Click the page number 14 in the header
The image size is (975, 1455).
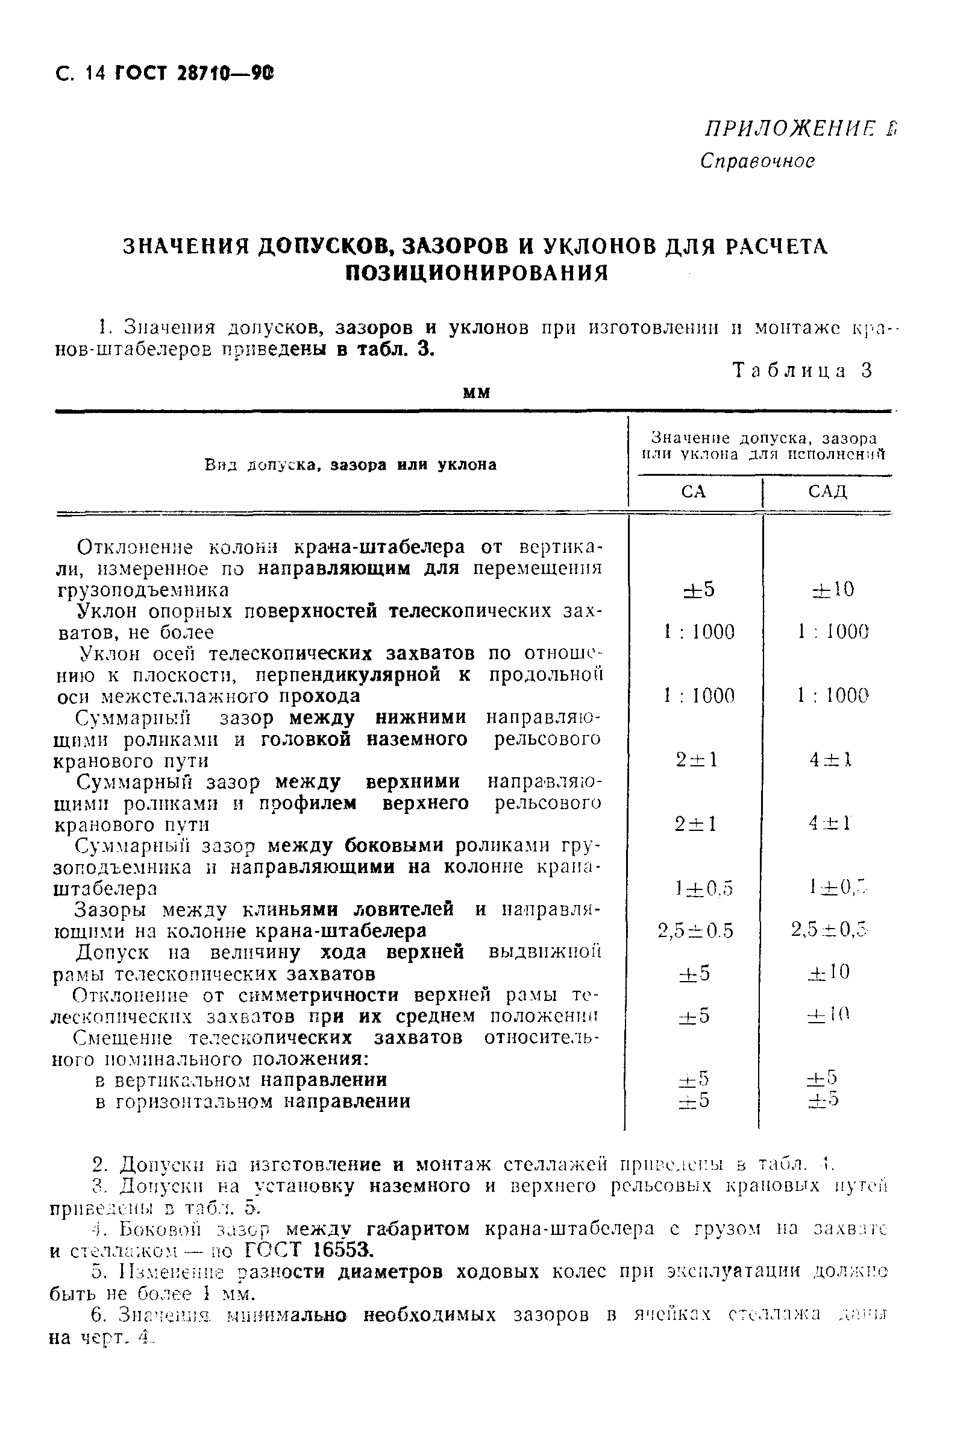point(96,74)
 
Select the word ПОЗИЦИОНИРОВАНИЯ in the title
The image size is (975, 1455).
point(476,273)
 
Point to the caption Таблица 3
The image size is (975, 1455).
point(803,370)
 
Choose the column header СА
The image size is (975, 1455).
point(694,492)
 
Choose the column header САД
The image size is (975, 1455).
point(827,492)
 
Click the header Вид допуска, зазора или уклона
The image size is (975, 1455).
point(351,465)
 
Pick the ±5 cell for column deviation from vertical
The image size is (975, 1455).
point(699,589)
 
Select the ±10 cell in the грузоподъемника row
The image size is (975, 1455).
point(833,589)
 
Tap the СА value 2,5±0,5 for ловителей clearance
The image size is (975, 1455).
point(695,930)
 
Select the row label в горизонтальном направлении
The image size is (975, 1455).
point(252,1101)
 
